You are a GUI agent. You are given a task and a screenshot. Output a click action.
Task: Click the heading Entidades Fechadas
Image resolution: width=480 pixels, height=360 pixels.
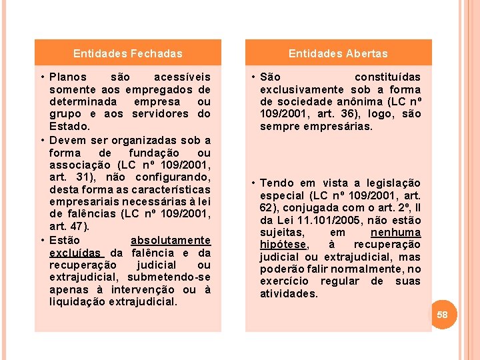(x=127, y=53)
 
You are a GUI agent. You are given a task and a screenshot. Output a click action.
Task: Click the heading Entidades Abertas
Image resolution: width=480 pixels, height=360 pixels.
(x=338, y=53)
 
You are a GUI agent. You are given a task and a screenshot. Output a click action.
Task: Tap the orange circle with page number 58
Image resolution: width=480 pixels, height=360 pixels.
(x=443, y=314)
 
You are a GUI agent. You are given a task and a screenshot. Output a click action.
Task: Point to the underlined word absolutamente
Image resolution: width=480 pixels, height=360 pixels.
(x=170, y=240)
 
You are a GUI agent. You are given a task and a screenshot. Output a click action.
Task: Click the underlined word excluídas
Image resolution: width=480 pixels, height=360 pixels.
(x=75, y=253)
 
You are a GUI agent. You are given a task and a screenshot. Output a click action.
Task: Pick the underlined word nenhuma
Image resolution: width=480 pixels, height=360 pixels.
(x=395, y=232)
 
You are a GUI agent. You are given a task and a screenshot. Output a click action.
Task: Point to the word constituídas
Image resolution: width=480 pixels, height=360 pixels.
(x=387, y=77)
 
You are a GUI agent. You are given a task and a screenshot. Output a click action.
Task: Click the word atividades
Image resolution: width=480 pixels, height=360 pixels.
(x=289, y=293)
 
